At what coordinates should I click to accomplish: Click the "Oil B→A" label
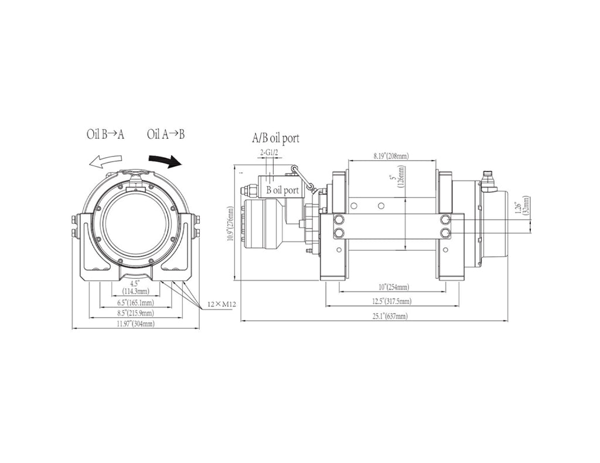pyautogui.click(x=105, y=134)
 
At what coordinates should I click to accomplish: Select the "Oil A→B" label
pyautogui.click(x=166, y=134)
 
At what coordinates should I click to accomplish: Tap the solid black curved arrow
pyautogui.click(x=165, y=159)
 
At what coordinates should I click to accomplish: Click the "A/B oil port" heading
pyautogui.click(x=275, y=138)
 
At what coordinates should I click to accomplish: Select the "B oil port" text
pyautogui.click(x=282, y=190)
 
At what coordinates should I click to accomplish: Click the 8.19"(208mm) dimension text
pyautogui.click(x=391, y=156)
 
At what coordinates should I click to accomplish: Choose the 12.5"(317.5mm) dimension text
pyautogui.click(x=392, y=301)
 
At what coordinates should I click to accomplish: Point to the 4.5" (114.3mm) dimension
pyautogui.click(x=135, y=287)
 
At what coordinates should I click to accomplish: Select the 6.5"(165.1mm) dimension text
pyautogui.click(x=135, y=302)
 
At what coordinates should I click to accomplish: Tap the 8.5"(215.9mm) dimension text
pyautogui.click(x=135, y=314)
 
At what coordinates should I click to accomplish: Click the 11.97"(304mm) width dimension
pyautogui.click(x=135, y=324)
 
